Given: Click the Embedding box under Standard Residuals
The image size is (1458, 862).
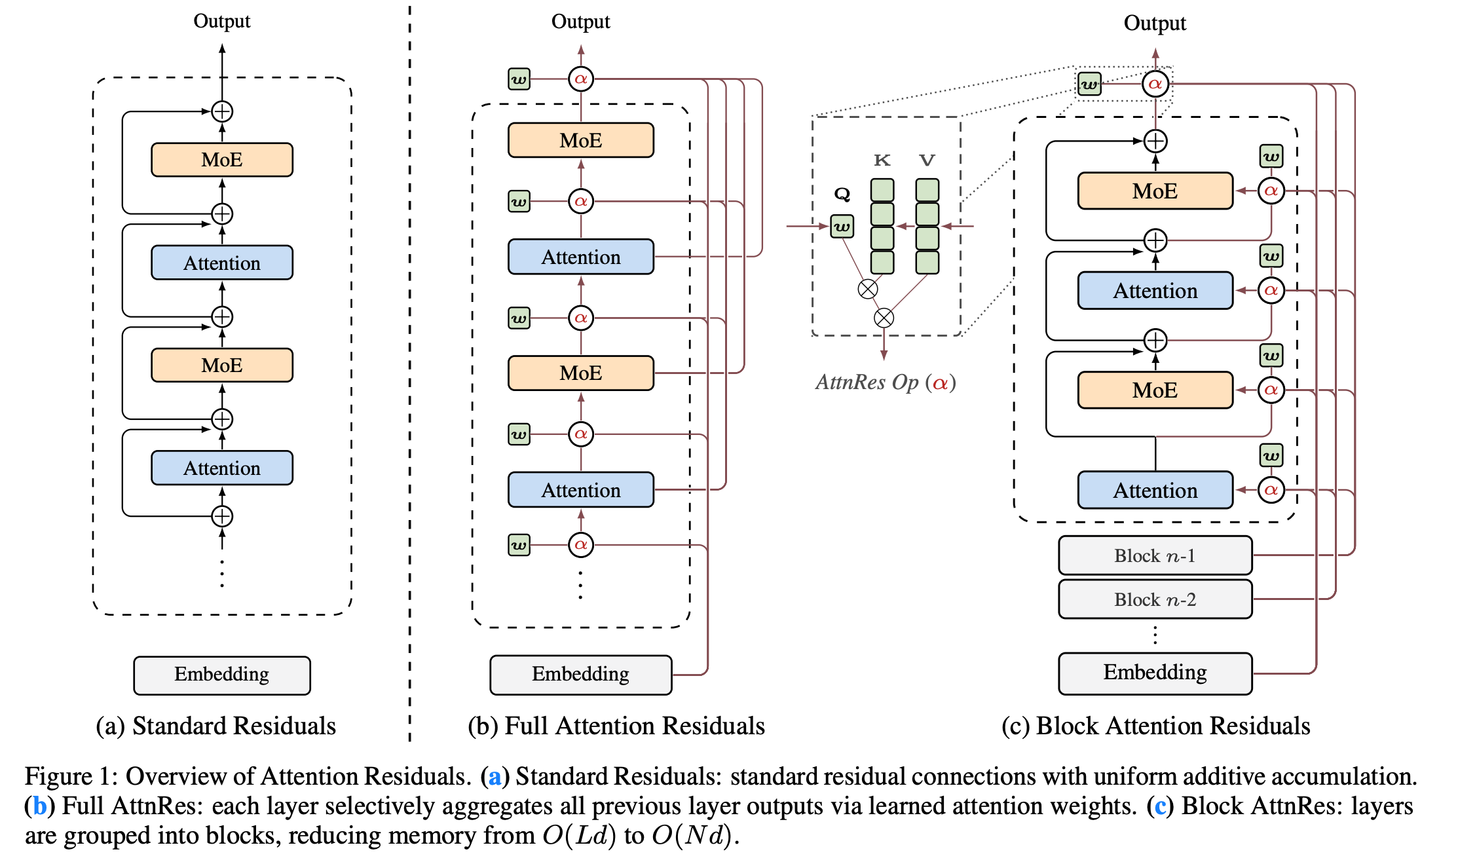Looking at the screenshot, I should (x=221, y=675).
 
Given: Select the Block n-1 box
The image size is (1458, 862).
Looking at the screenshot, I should (x=1155, y=555).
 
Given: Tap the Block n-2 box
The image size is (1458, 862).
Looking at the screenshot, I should (x=1155, y=599).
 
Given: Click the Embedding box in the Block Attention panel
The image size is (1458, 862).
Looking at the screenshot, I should (x=1155, y=673).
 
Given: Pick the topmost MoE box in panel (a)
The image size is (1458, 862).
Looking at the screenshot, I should (x=221, y=160).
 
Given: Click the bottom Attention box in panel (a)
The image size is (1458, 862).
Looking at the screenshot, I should (x=221, y=468).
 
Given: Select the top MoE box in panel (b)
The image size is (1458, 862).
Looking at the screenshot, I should (x=580, y=140).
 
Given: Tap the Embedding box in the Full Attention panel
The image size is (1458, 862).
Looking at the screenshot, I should (x=580, y=674).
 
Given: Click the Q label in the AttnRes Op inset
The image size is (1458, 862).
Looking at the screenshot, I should (x=842, y=195).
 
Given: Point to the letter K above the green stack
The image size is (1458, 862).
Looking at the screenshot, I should (x=882, y=160).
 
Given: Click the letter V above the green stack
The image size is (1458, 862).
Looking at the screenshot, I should (x=927, y=160).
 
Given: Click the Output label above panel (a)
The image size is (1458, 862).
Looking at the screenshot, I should (x=221, y=22).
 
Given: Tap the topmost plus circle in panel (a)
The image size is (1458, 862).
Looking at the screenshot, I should (x=222, y=111).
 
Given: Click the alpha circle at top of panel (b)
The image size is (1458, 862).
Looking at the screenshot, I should (x=580, y=79).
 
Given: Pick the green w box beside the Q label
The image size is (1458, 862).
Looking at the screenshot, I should (x=842, y=227).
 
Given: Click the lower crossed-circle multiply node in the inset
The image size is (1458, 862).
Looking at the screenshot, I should (x=884, y=318).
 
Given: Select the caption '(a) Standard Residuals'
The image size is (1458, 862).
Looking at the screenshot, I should (x=215, y=726).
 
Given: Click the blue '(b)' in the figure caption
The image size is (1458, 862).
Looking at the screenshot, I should (x=39, y=806).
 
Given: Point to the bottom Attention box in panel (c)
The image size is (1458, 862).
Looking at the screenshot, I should (x=1155, y=490).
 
